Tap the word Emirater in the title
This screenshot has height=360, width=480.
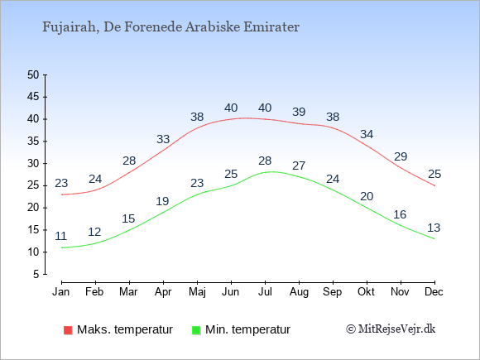click(x=271, y=27)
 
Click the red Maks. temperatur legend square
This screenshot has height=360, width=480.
click(x=68, y=330)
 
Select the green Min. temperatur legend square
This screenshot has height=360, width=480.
click(x=196, y=330)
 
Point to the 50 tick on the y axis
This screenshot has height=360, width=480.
click(x=33, y=74)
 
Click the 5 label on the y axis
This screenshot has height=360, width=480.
click(x=36, y=274)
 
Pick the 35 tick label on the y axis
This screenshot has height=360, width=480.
click(x=33, y=142)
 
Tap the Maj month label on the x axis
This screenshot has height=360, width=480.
click(x=197, y=292)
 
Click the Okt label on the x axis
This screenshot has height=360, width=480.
click(x=366, y=291)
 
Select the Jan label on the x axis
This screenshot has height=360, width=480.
click(x=61, y=291)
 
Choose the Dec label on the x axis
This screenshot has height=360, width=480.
click(x=434, y=291)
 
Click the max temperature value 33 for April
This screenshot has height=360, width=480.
click(x=163, y=139)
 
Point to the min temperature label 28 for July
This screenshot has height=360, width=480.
click(x=265, y=161)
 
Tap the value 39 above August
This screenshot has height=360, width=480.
click(x=299, y=112)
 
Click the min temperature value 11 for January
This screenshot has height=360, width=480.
click(x=61, y=236)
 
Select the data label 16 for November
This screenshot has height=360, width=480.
click(x=400, y=214)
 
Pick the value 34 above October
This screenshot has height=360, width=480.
click(x=367, y=134)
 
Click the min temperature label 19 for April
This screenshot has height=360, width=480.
click(x=162, y=201)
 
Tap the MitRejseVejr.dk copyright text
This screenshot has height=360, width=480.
click(x=391, y=329)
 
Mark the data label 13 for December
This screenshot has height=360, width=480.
click(x=434, y=228)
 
